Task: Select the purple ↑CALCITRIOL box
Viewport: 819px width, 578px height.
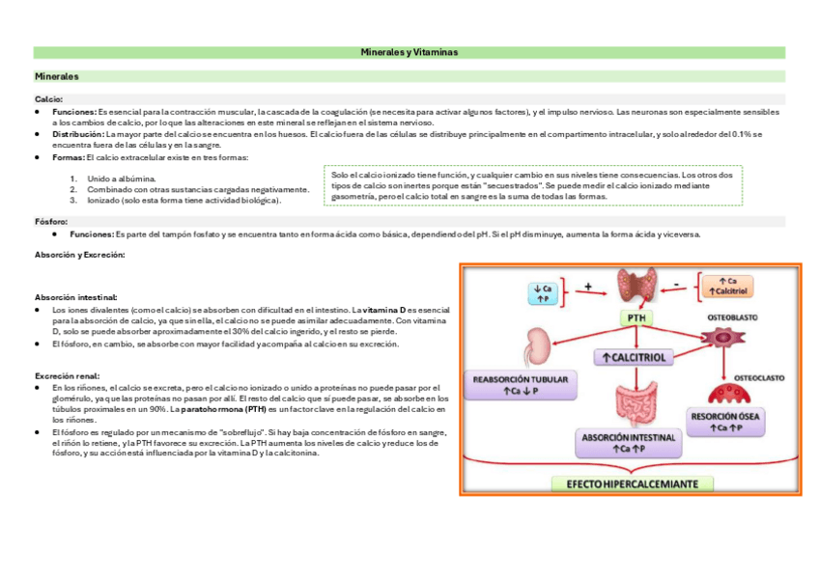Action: pyautogui.click(x=634, y=357)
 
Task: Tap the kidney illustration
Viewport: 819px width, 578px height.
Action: pyautogui.click(x=537, y=346)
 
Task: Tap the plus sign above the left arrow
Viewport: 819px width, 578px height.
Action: pyautogui.click(x=587, y=286)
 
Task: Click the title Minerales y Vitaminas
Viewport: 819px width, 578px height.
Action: pyautogui.click(x=409, y=51)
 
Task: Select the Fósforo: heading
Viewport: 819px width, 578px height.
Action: pyautogui.click(x=51, y=221)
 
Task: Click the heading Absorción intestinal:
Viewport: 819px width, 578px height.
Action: pyautogui.click(x=76, y=297)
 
